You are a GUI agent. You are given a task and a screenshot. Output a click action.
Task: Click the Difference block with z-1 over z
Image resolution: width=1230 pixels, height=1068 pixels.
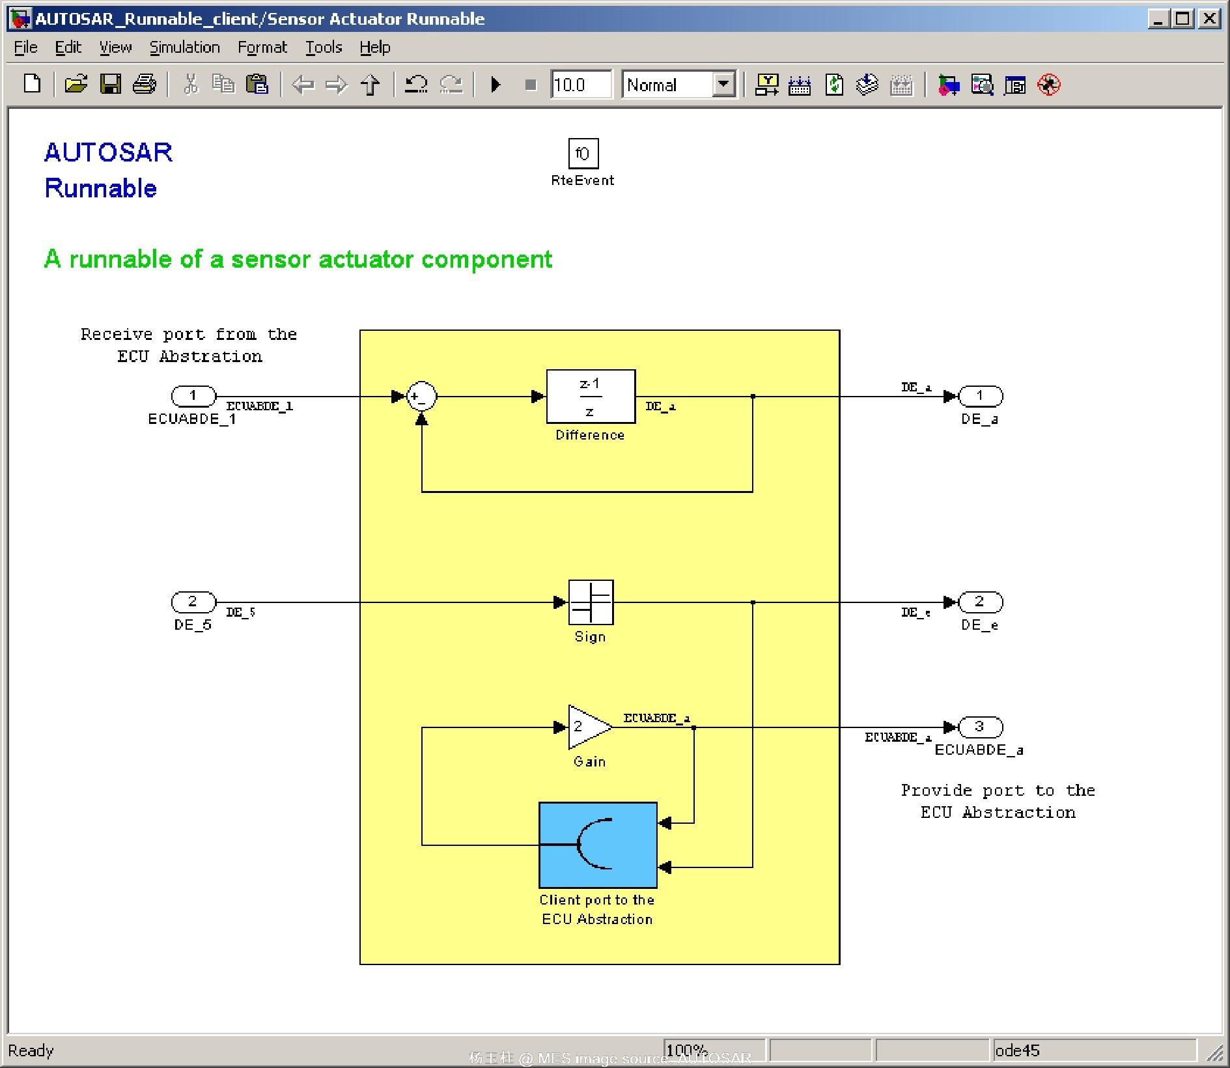pos(590,397)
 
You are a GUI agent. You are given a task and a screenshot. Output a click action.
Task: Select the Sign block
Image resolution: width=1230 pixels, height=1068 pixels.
pos(591,602)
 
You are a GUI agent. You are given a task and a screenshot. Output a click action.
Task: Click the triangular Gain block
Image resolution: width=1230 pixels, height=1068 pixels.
pos(587,727)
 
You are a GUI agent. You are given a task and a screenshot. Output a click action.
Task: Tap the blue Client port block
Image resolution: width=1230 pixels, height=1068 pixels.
pos(598,845)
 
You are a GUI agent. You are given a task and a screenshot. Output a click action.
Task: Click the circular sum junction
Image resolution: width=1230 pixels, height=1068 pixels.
pos(421,397)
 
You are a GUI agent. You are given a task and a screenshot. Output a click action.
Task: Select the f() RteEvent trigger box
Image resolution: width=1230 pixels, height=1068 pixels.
pos(582,154)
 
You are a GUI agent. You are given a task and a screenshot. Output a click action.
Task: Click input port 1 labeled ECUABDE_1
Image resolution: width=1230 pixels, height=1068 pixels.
pos(193,396)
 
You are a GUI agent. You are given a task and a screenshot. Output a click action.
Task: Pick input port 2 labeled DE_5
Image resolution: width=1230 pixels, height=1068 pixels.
pos(193,602)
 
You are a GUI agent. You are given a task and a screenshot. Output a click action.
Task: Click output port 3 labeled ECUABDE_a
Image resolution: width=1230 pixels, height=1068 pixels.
pos(979,727)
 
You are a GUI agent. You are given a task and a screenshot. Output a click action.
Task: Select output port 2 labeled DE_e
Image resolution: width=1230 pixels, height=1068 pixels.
pos(979,602)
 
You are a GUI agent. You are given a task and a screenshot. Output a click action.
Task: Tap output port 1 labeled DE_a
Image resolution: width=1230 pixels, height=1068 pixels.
pos(979,396)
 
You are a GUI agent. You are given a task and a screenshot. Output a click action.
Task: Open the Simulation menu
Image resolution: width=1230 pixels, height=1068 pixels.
pos(184,48)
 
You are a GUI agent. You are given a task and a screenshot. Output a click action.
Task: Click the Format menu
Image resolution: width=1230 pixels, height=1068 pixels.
pos(262,48)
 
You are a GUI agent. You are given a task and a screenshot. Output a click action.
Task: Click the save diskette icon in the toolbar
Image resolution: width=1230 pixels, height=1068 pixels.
pos(110,85)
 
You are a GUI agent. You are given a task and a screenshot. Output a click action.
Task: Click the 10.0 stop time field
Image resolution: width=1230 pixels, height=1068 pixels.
pos(580,85)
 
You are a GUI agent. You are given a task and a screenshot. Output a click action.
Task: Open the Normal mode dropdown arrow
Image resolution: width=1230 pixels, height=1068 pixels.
pos(723,85)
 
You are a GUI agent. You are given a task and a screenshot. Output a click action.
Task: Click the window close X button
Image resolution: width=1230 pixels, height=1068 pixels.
pos(1209,18)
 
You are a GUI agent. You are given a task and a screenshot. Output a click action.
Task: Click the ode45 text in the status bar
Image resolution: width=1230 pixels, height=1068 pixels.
pos(1017,1050)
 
